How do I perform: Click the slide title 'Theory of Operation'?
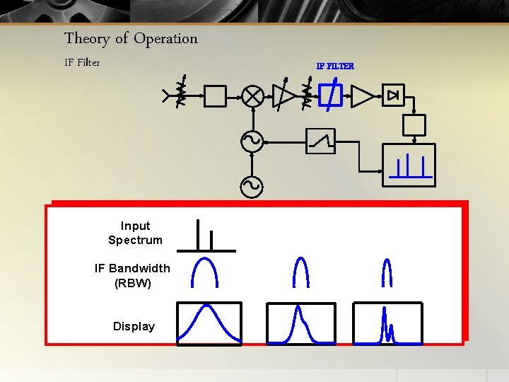pyautogui.click(x=131, y=38)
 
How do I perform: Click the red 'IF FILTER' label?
pyautogui.click(x=335, y=66)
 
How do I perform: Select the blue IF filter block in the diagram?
pyautogui.click(x=329, y=95)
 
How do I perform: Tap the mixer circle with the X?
pyautogui.click(x=252, y=96)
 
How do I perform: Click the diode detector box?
pyautogui.click(x=393, y=95)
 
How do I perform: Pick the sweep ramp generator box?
pyautogui.click(x=321, y=141)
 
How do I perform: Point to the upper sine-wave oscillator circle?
pyautogui.click(x=252, y=141)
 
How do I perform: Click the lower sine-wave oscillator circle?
pyautogui.click(x=252, y=186)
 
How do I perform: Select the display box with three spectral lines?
pyautogui.click(x=409, y=165)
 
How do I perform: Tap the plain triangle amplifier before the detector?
pyautogui.click(x=362, y=95)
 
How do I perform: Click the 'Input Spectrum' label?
pyautogui.click(x=135, y=233)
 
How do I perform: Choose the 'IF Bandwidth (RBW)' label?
pyautogui.click(x=132, y=275)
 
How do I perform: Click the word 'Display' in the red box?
pyautogui.click(x=134, y=326)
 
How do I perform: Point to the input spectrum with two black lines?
pyautogui.click(x=206, y=237)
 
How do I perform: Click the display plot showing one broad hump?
pyautogui.click(x=209, y=323)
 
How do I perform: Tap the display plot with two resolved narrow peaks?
pyautogui.click(x=387, y=323)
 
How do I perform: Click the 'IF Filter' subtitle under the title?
pyautogui.click(x=82, y=62)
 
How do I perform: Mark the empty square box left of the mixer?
pyautogui.click(x=215, y=96)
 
